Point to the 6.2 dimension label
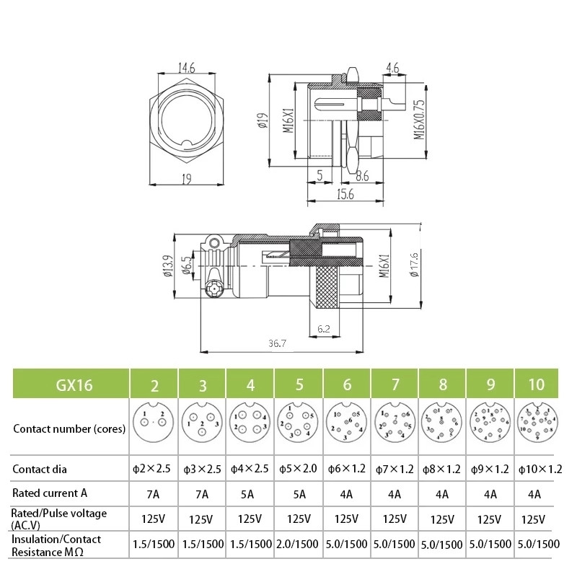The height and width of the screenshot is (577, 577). click(x=325, y=328)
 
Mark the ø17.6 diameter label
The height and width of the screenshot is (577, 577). click(x=414, y=268)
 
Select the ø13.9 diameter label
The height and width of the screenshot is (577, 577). click(x=167, y=268)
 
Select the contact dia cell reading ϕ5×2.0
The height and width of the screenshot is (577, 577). click(x=298, y=469)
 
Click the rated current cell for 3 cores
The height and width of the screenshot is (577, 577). click(x=202, y=494)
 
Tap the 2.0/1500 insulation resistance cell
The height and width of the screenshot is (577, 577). click(x=298, y=544)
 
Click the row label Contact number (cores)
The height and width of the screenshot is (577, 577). click(x=69, y=428)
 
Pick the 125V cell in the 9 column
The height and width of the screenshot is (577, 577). click(x=490, y=519)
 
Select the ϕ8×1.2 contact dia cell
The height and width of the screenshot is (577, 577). click(x=442, y=469)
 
